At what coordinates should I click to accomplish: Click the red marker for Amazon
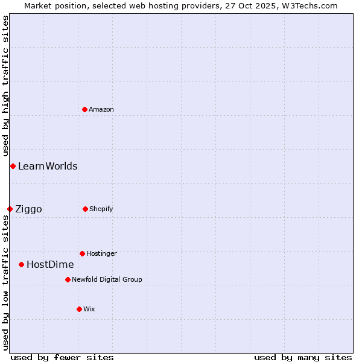pos(85,109)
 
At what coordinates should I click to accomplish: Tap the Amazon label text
pos(101,109)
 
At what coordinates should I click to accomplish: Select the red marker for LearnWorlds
pos(13,166)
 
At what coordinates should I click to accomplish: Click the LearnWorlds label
pos(48,167)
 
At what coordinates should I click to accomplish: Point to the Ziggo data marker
pos(10,209)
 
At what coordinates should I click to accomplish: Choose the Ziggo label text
pos(28,209)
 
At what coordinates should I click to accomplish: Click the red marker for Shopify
pos(85,209)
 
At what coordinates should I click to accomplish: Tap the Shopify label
pos(101,209)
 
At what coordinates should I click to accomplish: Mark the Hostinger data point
pos(82,253)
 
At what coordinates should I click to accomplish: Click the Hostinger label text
pos(101,253)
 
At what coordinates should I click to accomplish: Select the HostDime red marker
pos(21,264)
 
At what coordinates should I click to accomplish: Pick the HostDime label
pos(50,265)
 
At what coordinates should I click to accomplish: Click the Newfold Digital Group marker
pos(68,279)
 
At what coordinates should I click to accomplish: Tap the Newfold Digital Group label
pos(107,279)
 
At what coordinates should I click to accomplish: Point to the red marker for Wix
pos(79,309)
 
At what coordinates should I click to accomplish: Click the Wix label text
pos(89,309)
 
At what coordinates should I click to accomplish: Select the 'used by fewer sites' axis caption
pos(62,357)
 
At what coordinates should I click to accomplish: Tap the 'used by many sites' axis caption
pos(303,357)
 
